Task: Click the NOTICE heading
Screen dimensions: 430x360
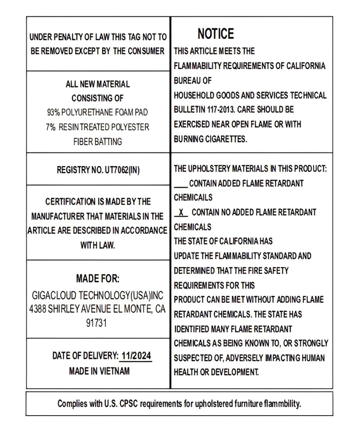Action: click(216, 34)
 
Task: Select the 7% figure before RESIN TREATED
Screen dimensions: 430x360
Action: click(50, 127)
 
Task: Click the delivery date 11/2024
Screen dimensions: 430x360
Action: click(136, 356)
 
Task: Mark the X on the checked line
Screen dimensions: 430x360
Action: click(180, 212)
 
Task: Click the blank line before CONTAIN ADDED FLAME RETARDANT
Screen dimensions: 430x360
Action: click(180, 184)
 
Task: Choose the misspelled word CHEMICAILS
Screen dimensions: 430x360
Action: click(193, 197)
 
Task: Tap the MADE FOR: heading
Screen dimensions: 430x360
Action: click(98, 279)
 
